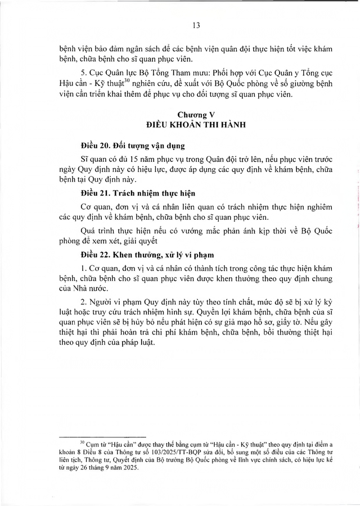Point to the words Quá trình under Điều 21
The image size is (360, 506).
(96, 230)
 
